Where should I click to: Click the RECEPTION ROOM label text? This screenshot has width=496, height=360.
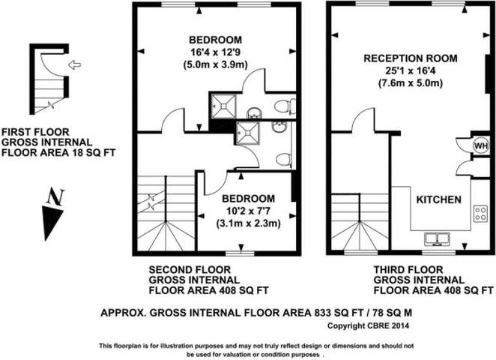pyautogui.click(x=410, y=58)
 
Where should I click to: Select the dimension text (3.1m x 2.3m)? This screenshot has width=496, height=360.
pyautogui.click(x=247, y=223)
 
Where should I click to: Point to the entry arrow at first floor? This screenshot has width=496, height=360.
pyautogui.click(x=73, y=65)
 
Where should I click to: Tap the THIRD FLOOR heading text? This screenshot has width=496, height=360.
pyautogui.click(x=402, y=269)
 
